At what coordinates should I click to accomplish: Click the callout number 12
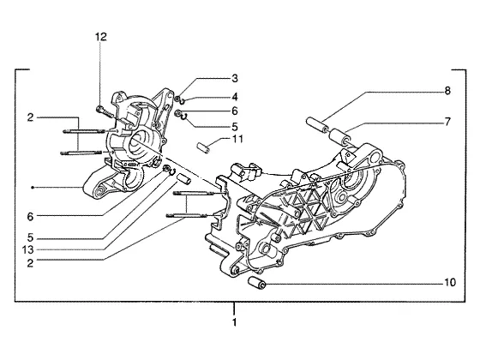pos(101,37)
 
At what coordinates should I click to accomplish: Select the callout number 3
pos(235,78)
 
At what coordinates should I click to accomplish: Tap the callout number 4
pos(235,97)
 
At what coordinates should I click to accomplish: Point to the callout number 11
pos(237,139)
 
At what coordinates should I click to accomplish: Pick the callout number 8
pos(447,91)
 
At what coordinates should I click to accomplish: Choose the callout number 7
pos(447,122)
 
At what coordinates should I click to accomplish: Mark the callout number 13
pos(27,249)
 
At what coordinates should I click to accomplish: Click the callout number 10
pos(450,282)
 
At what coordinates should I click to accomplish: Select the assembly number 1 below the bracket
pos(234,322)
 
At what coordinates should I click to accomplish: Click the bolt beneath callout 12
pos(105,111)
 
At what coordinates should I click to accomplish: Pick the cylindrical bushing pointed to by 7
pos(339,135)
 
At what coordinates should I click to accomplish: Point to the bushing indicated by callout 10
pos(256,283)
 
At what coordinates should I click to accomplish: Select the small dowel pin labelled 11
pos(204,147)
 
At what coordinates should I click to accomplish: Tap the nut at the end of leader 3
pos(177,99)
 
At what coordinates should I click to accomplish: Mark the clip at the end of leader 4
pos(182,101)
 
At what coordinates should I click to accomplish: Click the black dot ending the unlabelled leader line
pos(33,187)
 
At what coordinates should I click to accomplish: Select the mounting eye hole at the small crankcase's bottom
pos(99,193)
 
